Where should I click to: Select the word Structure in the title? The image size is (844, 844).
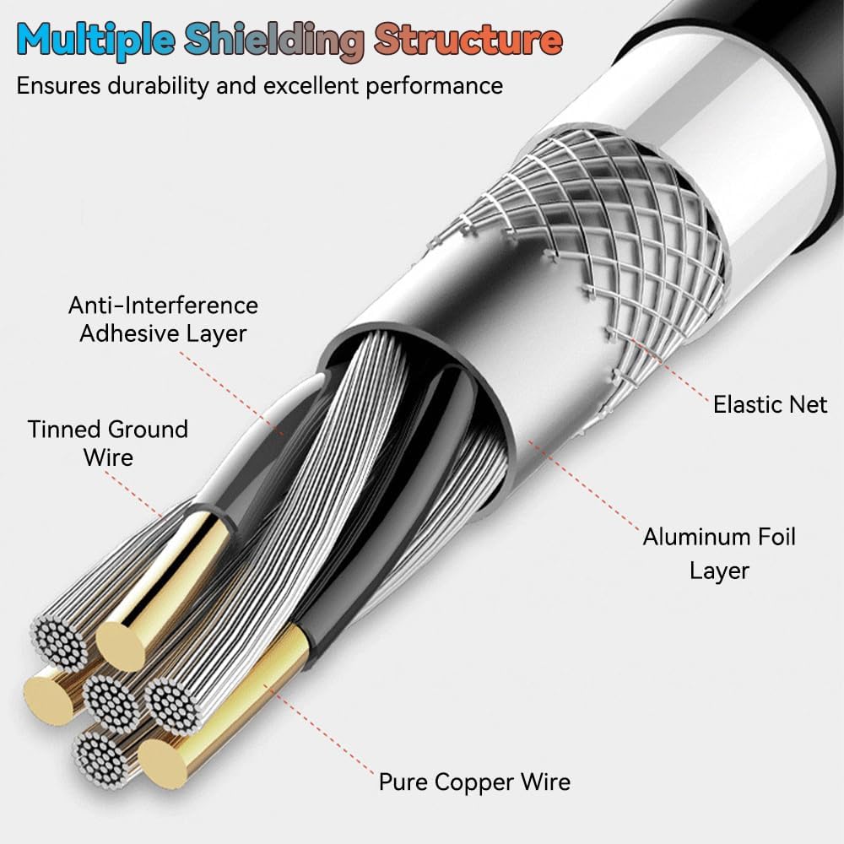pos(468,40)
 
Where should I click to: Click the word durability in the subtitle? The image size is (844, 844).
pos(158,85)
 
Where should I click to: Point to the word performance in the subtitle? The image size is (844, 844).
pos(435,86)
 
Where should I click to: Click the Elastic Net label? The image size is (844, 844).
pos(770,405)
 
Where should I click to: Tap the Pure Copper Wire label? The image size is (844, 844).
pos(474,782)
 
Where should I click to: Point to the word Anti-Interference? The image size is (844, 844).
pos(163,306)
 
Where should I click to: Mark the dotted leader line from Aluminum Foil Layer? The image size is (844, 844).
pos(583,485)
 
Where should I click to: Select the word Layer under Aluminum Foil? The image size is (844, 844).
pos(719,571)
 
